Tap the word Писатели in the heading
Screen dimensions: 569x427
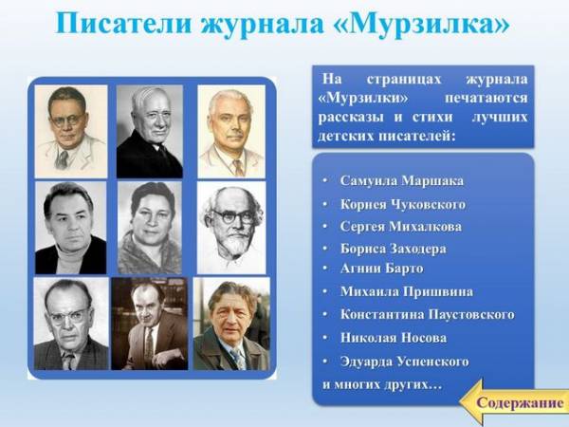[x=123, y=24]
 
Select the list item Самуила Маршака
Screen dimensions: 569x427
[x=402, y=181]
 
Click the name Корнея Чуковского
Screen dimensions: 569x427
[x=403, y=204]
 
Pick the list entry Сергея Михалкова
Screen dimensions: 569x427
[x=401, y=227]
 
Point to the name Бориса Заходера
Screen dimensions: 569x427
[x=394, y=249]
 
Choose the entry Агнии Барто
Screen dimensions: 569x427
[x=382, y=269]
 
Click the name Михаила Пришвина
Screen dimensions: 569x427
[x=407, y=291]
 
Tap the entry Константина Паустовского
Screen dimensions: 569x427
[x=428, y=314]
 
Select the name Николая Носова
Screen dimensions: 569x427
[x=394, y=338]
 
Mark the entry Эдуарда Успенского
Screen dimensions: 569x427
[x=405, y=362]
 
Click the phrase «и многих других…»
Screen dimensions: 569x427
[x=382, y=384]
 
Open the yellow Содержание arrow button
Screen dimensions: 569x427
[x=513, y=402]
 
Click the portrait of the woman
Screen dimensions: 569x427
[x=150, y=228]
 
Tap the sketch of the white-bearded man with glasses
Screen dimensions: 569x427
[x=231, y=228]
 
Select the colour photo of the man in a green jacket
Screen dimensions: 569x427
[x=231, y=324]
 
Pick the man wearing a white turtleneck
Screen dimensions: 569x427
[x=71, y=228]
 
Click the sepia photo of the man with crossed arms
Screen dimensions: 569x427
[x=150, y=324]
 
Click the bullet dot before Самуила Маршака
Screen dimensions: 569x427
[x=324, y=181]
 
